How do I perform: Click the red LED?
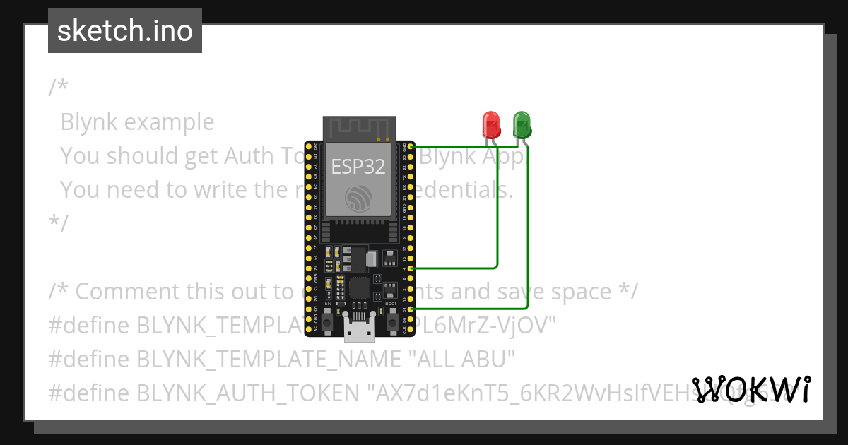point(491,124)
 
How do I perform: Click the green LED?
point(522,124)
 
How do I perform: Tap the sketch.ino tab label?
point(125,31)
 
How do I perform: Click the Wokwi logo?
point(751,389)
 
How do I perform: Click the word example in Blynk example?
point(169,122)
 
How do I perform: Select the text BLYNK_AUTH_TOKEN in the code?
point(247,392)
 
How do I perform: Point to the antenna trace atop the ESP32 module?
point(358,128)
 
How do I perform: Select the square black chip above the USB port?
point(358,287)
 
